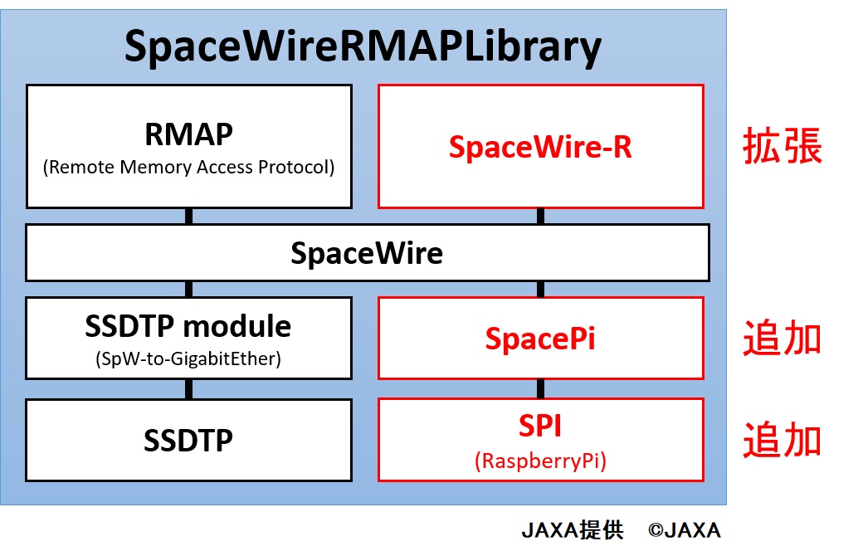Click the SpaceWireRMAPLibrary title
[x=363, y=47]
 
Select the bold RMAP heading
[x=189, y=134]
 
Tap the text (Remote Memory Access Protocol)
[x=189, y=167]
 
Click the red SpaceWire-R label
[x=540, y=147]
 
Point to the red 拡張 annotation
[x=782, y=145]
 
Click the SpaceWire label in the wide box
[x=367, y=253]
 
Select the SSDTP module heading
[x=188, y=326]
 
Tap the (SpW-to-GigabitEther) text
[x=188, y=359]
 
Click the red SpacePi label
[x=540, y=339]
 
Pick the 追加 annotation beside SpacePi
[x=782, y=338]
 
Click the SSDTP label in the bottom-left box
[x=188, y=440]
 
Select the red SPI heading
[x=540, y=426]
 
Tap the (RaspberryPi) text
[x=540, y=461]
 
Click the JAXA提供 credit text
[x=573, y=530]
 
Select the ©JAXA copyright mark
[x=684, y=530]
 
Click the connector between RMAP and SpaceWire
[x=189, y=216]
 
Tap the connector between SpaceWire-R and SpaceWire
[x=541, y=216]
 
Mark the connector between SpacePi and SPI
[x=541, y=389]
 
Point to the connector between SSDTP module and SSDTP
[x=189, y=389]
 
